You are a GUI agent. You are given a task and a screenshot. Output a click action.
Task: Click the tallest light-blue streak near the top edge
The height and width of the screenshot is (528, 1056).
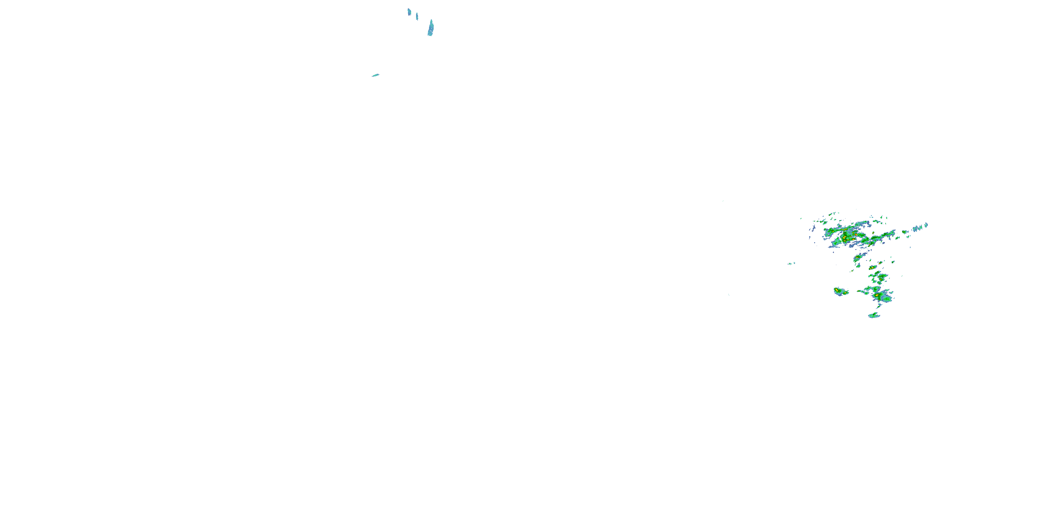click(430, 28)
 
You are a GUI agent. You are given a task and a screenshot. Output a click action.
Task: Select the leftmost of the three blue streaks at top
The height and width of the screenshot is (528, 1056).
click(409, 12)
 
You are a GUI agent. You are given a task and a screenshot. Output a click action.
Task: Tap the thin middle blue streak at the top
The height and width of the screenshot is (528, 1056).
click(417, 17)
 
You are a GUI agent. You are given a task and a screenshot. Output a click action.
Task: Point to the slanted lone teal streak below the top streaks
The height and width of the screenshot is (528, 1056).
click(375, 75)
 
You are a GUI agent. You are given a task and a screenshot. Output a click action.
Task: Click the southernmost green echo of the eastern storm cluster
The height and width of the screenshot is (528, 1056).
click(874, 315)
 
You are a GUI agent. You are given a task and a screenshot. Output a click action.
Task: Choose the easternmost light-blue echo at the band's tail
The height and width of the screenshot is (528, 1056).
click(926, 225)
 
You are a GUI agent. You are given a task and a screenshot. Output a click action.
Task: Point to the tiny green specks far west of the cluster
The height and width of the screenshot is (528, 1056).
click(791, 263)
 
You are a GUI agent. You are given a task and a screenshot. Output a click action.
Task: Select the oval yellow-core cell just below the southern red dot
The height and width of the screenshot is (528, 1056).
click(880, 283)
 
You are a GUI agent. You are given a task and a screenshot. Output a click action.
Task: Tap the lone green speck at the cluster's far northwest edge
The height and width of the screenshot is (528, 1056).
click(801, 219)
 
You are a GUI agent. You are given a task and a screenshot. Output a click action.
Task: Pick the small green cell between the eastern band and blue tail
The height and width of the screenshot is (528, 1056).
click(904, 232)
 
